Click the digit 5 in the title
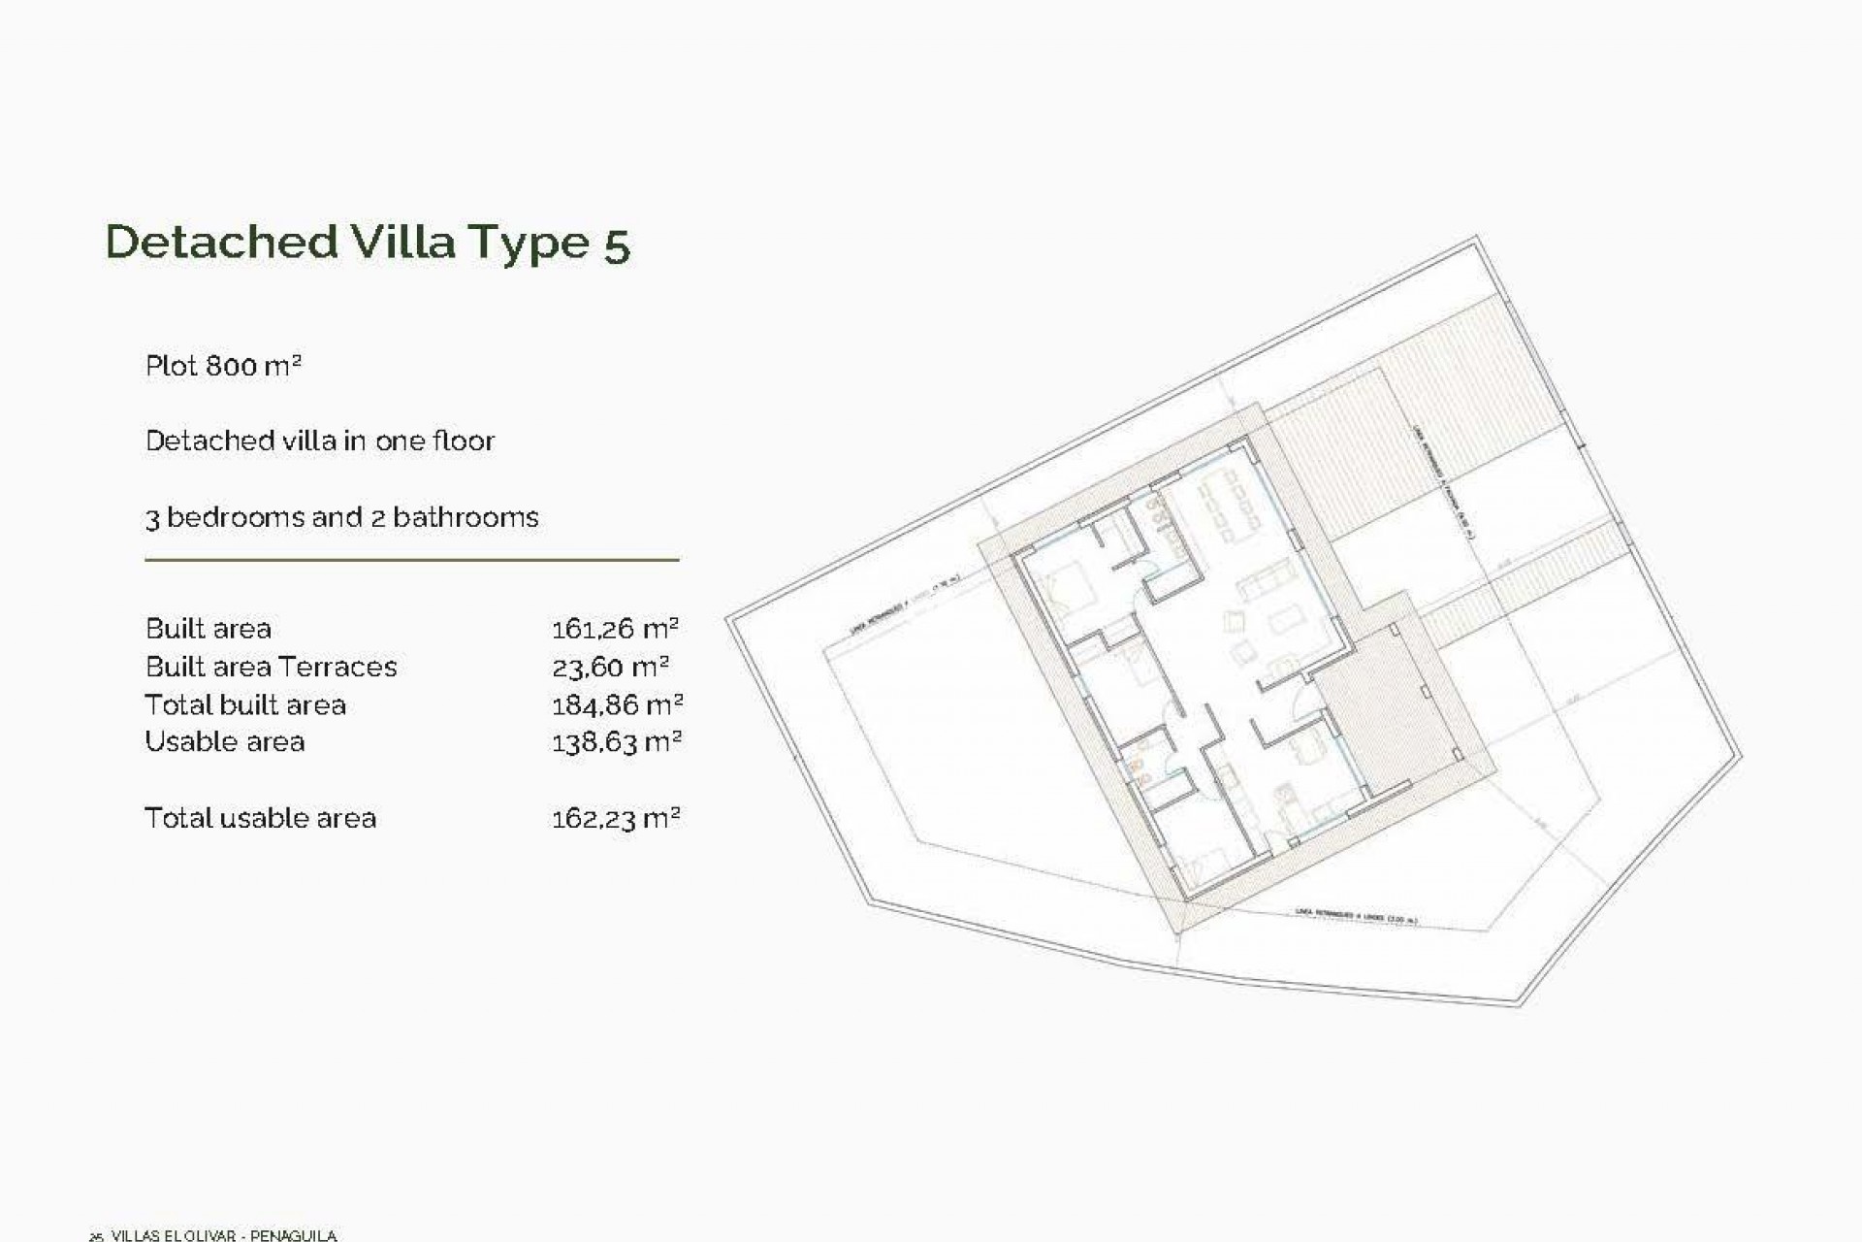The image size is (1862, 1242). pyautogui.click(x=618, y=245)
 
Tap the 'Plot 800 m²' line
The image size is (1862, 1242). pyautogui.click(x=223, y=366)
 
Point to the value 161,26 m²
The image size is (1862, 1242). pyautogui.click(x=615, y=629)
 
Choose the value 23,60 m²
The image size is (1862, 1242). pyautogui.click(x=610, y=668)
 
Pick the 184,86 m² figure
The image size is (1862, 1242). pyautogui.click(x=617, y=704)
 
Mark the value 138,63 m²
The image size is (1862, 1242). pyautogui.click(x=617, y=742)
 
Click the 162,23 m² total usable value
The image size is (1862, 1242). pyautogui.click(x=616, y=819)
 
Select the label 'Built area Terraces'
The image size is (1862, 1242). pyautogui.click(x=271, y=668)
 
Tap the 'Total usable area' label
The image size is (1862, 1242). pyautogui.click(x=260, y=819)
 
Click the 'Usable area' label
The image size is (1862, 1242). pyautogui.click(x=225, y=742)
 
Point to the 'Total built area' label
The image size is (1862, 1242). pyautogui.click(x=245, y=705)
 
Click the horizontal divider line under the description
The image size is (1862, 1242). pyautogui.click(x=411, y=560)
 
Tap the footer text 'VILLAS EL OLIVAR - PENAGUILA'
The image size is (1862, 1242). pyautogui.click(x=224, y=1235)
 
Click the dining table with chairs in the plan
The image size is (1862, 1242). pyautogui.click(x=1228, y=509)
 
